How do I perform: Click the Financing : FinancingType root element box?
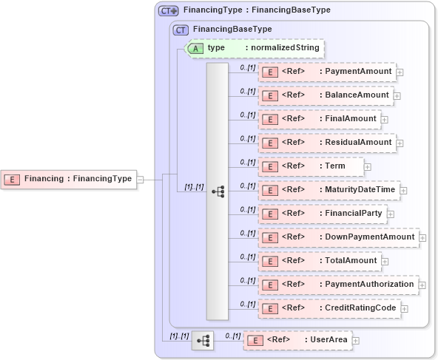point(70,178)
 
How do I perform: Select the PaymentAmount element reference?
point(326,72)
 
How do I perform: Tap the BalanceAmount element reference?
point(325,95)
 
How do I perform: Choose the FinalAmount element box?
point(319,118)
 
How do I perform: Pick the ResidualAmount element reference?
point(326,142)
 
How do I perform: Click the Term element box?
point(311,166)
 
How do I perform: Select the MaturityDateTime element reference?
point(328,190)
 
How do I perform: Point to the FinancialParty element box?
point(322,214)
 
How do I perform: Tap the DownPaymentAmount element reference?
point(337,237)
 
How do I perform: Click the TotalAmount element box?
point(319,260)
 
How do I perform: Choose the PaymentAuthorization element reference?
point(337,284)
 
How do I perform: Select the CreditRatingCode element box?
point(328,308)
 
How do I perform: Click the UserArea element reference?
point(297,340)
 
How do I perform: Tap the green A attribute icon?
point(195,48)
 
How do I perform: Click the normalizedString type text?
point(285,48)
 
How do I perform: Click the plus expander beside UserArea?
point(356,341)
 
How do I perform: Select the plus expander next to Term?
point(368,166)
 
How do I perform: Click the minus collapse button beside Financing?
point(140,178)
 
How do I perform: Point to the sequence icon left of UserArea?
point(202,340)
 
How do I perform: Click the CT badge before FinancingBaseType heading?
point(180,30)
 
